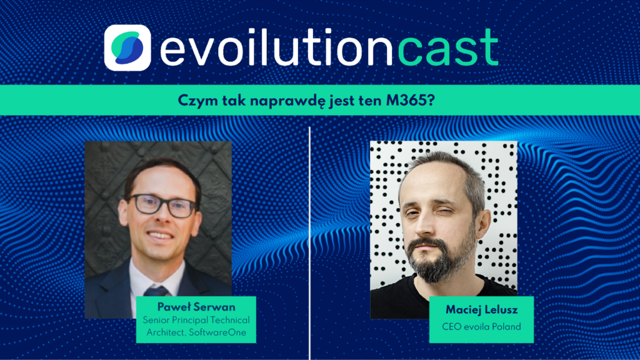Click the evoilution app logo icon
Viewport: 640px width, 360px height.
pyautogui.click(x=127, y=47)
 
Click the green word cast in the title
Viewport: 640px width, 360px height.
pyautogui.click(x=447, y=47)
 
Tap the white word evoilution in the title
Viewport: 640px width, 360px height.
pyautogui.click(x=277, y=47)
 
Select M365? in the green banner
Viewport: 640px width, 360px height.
pyautogui.click(x=410, y=101)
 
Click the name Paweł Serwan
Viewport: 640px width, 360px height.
pyautogui.click(x=196, y=307)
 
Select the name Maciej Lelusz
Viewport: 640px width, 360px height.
pyautogui.click(x=482, y=310)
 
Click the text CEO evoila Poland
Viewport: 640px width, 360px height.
pyautogui.click(x=482, y=326)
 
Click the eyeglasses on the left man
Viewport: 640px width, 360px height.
pyautogui.click(x=163, y=205)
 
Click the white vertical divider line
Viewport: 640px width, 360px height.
pyautogui.click(x=310, y=243)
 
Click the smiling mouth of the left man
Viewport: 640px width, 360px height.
pyautogui.click(x=160, y=236)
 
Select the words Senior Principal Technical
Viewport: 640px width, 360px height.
pyautogui.click(x=196, y=321)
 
